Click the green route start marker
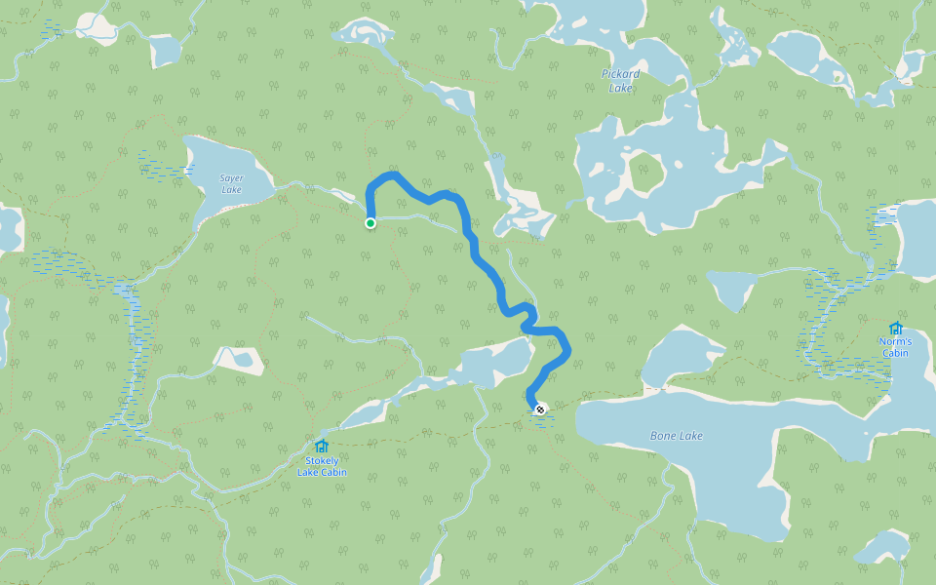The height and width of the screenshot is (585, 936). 370,223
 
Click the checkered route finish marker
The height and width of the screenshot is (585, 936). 539,409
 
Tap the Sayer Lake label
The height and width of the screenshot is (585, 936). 231,183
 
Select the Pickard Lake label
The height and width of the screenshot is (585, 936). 621,81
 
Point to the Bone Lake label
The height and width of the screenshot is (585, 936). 676,436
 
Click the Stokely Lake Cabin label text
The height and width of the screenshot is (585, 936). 322,466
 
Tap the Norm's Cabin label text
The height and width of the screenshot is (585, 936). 895,347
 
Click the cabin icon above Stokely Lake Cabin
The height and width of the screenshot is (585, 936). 322,447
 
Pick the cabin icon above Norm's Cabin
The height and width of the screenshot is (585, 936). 895,328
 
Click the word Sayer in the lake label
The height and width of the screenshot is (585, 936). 231,177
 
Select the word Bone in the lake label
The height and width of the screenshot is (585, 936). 663,436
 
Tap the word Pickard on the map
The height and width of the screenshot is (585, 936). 621,74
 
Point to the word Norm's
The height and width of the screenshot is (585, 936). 895,341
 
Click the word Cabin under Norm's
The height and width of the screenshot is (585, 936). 895,353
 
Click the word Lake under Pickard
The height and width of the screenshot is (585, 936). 621,88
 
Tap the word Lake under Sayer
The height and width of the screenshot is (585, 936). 231,189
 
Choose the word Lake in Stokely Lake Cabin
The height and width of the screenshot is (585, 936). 309,473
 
